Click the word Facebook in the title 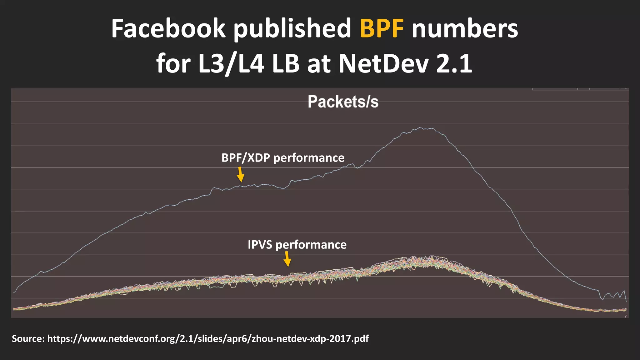point(168,29)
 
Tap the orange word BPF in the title point(382,29)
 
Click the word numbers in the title point(465,29)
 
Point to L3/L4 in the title point(231,64)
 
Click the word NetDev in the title point(383,64)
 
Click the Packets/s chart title point(343,102)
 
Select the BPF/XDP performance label point(283,158)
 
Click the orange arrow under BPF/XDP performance point(240,174)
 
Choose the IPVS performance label point(297,245)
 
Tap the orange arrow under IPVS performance point(287,259)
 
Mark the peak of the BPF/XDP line point(420,127)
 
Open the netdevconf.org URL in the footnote point(208,339)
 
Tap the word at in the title point(319,64)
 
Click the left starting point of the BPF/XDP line point(14,293)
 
